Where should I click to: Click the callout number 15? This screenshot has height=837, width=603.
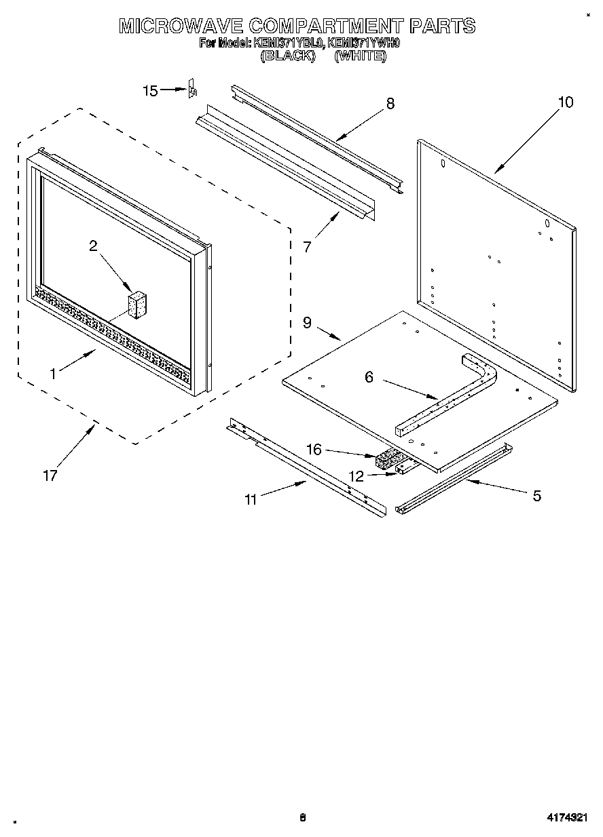pos(150,91)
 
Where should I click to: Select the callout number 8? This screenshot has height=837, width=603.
pos(390,104)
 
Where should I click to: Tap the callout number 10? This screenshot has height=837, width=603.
pos(565,102)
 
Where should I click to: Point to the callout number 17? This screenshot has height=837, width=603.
pos(50,475)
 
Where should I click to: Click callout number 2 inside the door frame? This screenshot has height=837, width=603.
pos(93,246)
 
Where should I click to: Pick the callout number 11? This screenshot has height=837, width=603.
pos(251,500)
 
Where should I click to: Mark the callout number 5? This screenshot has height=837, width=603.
pos(536,496)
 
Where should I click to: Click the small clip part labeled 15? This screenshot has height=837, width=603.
pos(192,90)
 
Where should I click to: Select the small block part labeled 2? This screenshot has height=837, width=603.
pos(139,305)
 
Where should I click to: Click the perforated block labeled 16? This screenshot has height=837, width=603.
pos(387,460)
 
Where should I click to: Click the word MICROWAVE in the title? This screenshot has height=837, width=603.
pos(181,26)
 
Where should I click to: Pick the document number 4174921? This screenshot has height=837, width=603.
pos(567,818)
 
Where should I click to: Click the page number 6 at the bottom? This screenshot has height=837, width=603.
pos(303,818)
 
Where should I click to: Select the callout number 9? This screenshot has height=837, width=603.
pos(307,323)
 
